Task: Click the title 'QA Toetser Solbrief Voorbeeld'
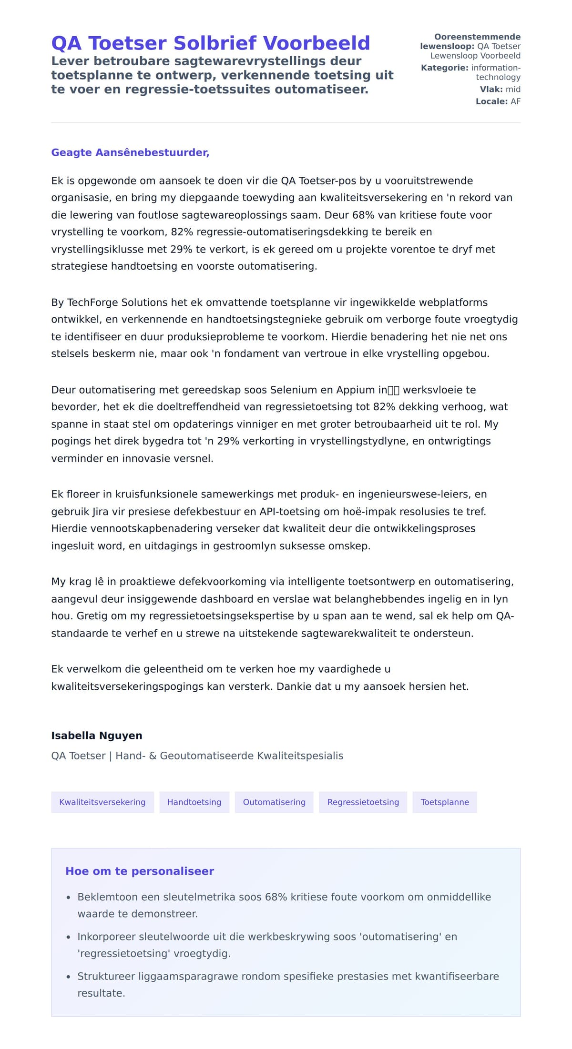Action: [x=210, y=43]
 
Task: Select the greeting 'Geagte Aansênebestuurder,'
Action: [x=130, y=152]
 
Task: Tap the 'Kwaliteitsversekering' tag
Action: [x=102, y=802]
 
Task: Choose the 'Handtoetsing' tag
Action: [x=194, y=802]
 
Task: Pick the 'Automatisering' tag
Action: [x=274, y=802]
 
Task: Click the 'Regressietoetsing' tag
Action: [x=363, y=802]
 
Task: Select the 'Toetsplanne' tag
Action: [x=445, y=802]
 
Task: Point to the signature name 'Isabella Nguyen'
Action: [x=97, y=736]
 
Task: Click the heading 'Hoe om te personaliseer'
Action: [x=140, y=871]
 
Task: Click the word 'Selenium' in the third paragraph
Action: [x=290, y=390]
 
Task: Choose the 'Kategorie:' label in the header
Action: [x=445, y=68]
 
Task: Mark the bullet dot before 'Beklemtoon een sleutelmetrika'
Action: [x=68, y=898]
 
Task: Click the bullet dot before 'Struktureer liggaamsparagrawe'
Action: [x=68, y=977]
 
